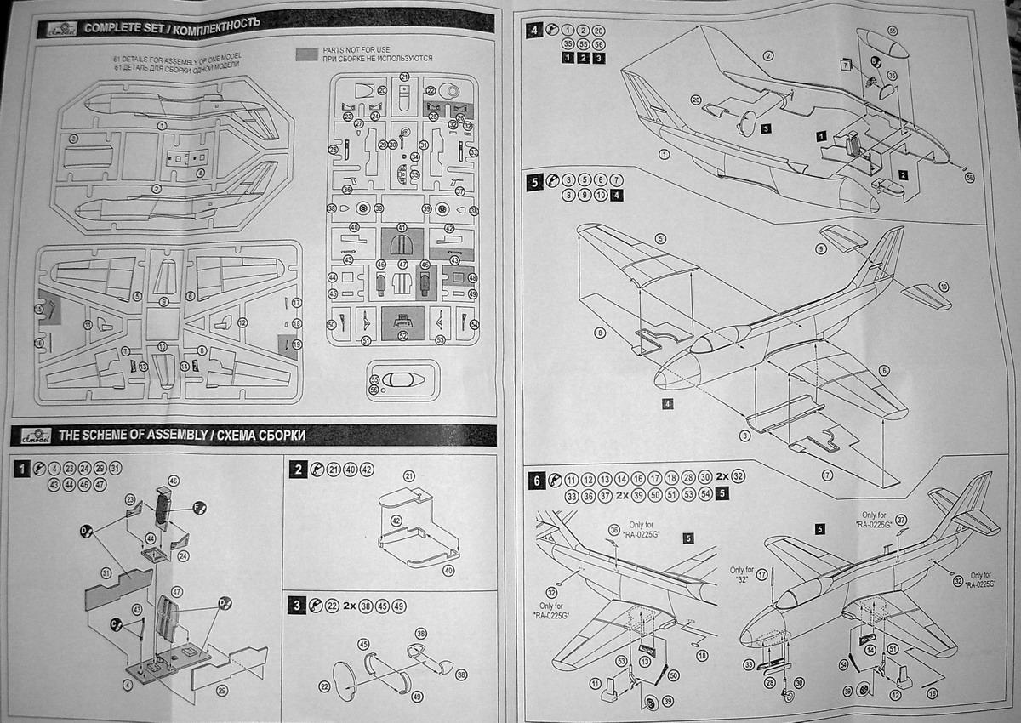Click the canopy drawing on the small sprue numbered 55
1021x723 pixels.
click(x=399, y=379)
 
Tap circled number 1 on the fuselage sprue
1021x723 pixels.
click(x=163, y=125)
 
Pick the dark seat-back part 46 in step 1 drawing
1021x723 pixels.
click(x=164, y=507)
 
